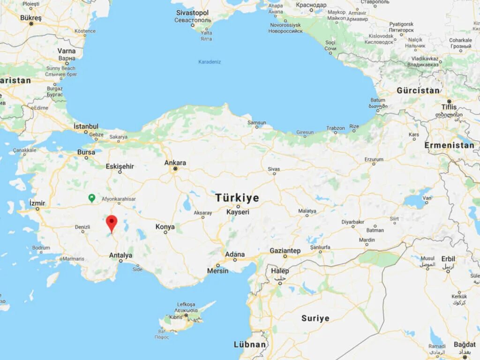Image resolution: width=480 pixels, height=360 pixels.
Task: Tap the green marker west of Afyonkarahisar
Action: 92,198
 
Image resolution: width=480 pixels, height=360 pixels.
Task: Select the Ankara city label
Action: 175,163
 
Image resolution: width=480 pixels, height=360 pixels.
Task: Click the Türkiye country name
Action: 237,198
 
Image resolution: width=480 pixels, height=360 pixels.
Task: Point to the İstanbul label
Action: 86,126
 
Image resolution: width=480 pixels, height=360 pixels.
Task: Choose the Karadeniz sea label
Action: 210,62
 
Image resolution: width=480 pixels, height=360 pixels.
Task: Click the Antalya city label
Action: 120,255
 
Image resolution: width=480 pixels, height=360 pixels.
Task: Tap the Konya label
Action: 165,227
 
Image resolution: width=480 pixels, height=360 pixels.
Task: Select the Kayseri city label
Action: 238,212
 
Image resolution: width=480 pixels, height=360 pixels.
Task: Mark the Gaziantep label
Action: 285,251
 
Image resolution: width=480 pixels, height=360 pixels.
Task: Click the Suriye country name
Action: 315,318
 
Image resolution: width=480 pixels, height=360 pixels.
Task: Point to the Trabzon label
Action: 336,128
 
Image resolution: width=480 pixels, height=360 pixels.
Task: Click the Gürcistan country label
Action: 418,90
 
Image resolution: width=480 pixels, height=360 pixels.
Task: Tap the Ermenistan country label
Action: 449,145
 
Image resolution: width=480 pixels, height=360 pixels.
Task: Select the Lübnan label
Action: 250,345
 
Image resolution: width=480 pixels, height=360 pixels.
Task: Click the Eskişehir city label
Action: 120,166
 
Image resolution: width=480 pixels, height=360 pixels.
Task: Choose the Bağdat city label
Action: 465,345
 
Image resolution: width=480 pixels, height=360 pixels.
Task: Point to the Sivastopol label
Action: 193,13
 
